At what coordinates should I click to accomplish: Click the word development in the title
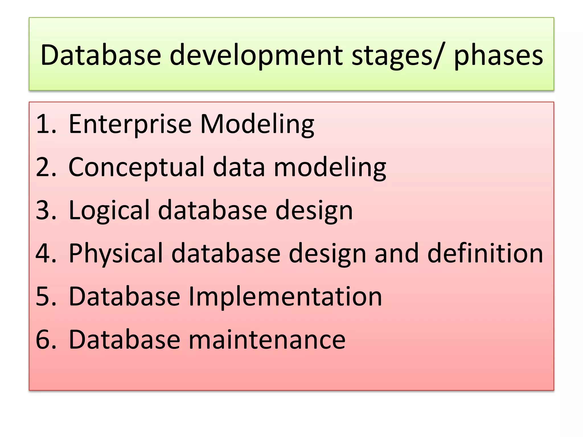click(256, 55)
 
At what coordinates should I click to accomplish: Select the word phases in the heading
click(498, 55)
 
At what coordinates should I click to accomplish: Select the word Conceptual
click(136, 168)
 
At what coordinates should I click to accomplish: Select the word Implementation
click(285, 297)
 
